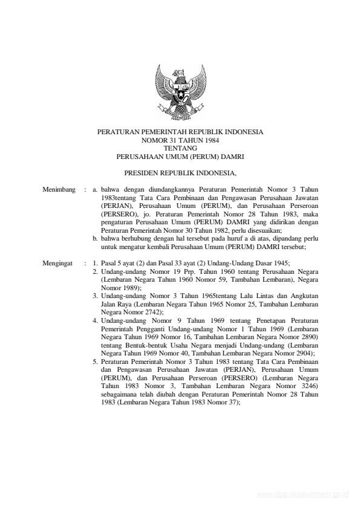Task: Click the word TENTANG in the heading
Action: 180,147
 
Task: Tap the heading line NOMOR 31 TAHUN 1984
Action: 180,139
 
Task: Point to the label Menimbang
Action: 59,190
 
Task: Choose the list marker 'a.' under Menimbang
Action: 96,190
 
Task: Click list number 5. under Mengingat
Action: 96,361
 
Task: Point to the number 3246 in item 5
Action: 307,385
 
